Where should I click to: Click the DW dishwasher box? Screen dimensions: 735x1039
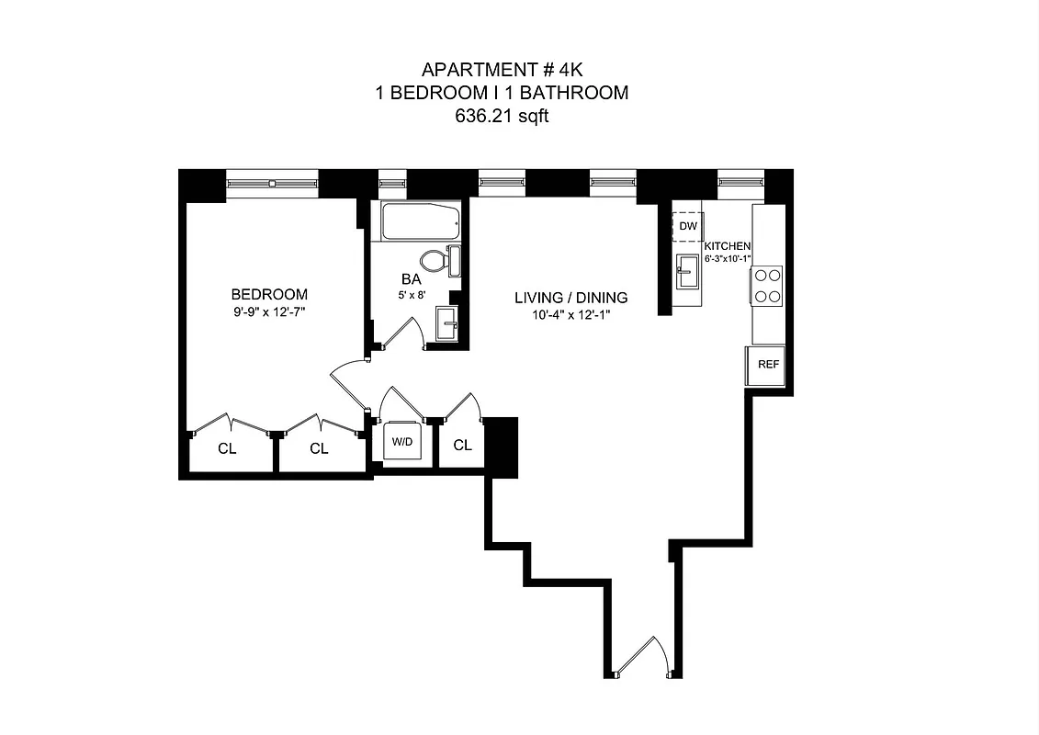point(688,226)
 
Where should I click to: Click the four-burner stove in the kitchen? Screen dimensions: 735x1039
point(767,286)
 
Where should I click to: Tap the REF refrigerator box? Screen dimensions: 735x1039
point(768,365)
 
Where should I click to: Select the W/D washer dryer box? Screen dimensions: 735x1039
point(402,442)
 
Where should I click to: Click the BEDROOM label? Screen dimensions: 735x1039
point(269,295)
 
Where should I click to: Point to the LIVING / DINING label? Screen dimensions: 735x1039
point(570,298)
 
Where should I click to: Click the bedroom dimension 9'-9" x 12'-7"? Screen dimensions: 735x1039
point(269,312)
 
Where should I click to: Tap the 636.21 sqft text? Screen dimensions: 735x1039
point(502,117)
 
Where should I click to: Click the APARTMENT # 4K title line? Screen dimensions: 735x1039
point(502,70)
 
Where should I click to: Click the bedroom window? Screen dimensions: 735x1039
point(272,183)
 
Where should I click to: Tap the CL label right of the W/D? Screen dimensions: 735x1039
point(463,446)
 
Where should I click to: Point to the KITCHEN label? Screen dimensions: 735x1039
point(728,246)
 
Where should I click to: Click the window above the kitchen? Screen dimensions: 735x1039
point(740,183)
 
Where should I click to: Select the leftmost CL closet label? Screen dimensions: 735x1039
point(227,449)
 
